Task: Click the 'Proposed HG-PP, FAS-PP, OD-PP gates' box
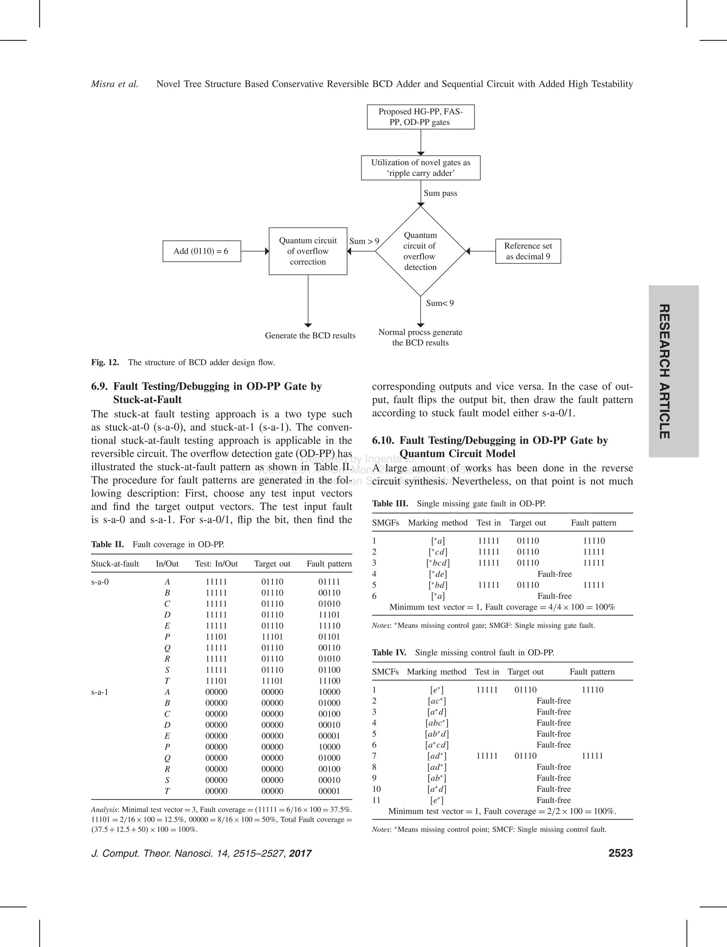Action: (x=420, y=117)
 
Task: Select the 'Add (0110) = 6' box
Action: (x=201, y=251)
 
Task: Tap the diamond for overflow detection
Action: (x=420, y=251)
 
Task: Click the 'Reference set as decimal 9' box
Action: (x=528, y=251)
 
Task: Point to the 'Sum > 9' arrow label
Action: (x=364, y=241)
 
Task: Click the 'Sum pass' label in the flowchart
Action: (x=440, y=193)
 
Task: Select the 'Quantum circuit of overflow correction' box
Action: (x=308, y=251)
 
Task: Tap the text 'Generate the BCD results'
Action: (x=310, y=336)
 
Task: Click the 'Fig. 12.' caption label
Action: (x=105, y=362)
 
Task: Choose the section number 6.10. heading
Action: (x=383, y=440)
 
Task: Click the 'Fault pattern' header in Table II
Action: (x=329, y=564)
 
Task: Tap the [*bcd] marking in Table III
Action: (x=437, y=563)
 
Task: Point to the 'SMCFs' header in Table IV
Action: (x=385, y=672)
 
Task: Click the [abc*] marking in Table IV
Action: (x=437, y=723)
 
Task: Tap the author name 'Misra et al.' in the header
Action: (x=115, y=84)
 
